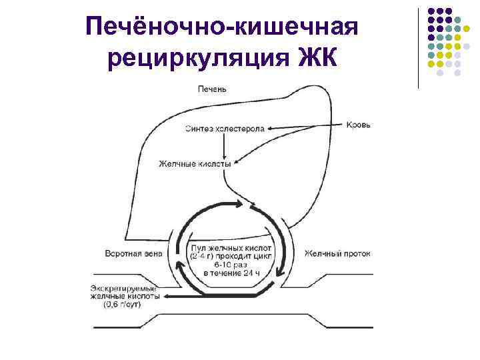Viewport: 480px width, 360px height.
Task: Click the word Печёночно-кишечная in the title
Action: pos(223,28)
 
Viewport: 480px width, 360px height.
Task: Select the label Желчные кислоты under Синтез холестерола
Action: pos(195,163)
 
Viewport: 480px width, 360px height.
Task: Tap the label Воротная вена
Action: pos(134,253)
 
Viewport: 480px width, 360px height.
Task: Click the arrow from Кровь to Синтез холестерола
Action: pos(307,126)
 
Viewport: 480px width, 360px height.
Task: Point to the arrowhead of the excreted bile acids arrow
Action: pos(164,296)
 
